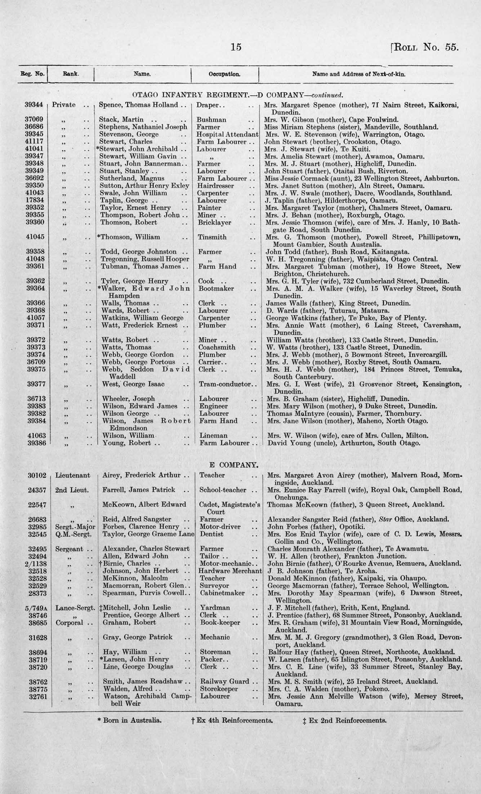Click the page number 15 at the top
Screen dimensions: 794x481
236,47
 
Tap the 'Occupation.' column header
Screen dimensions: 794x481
224,75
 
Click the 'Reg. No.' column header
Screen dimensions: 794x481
32,75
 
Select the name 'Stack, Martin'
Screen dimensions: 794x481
121,120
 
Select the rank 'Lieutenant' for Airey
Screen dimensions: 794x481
72,475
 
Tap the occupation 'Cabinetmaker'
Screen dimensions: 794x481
222,593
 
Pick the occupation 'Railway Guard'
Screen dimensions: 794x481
224,681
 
